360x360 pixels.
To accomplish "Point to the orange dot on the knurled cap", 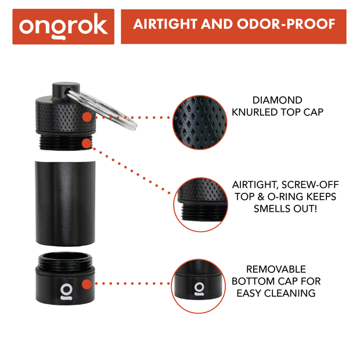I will pos(87,117).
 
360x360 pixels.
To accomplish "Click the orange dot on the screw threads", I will pos(87,142).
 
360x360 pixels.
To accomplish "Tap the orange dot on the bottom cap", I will pos(87,284).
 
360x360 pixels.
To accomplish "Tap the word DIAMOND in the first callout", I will pos(277,100).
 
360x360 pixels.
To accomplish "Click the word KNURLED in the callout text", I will pos(261,112).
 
